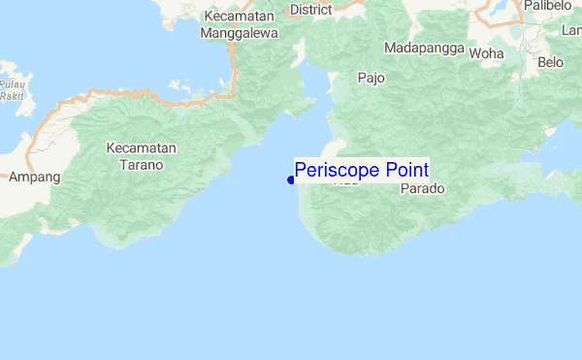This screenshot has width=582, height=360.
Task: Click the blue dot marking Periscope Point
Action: coord(291,180)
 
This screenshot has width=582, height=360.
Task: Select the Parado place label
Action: coord(421,189)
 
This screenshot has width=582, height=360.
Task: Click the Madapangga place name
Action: coord(423,48)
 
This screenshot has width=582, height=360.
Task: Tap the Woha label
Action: coord(486,53)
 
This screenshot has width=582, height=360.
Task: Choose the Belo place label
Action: coord(550,62)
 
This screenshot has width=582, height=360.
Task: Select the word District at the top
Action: coord(310,10)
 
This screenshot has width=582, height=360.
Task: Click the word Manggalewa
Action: coord(239,33)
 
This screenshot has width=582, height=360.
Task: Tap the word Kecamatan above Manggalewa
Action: coord(239,16)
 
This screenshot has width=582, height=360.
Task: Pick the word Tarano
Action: coord(142,165)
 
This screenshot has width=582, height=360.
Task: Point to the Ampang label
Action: coord(34,178)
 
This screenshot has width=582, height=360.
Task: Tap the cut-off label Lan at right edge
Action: coord(571,30)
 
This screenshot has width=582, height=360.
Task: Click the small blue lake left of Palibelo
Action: coord(501,9)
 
